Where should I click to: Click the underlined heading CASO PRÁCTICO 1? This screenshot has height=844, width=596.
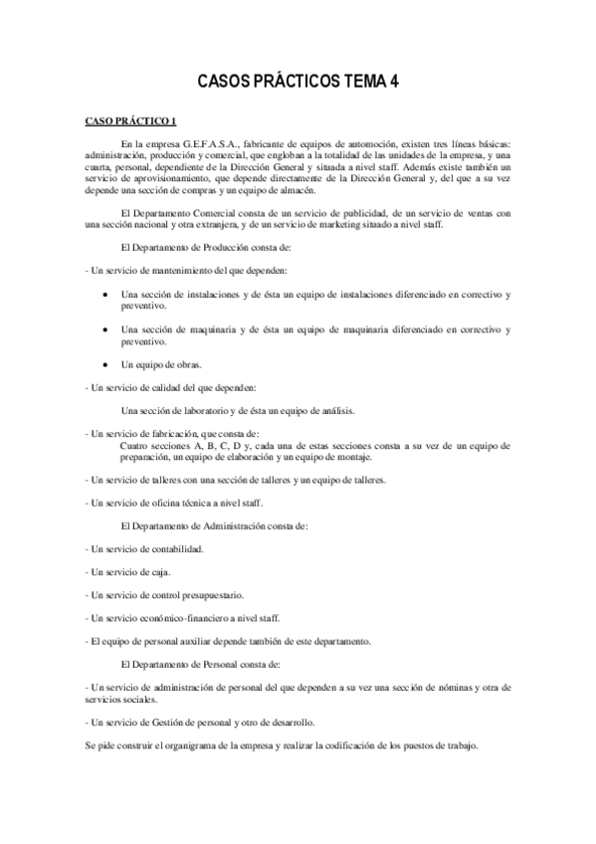tap(130, 122)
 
